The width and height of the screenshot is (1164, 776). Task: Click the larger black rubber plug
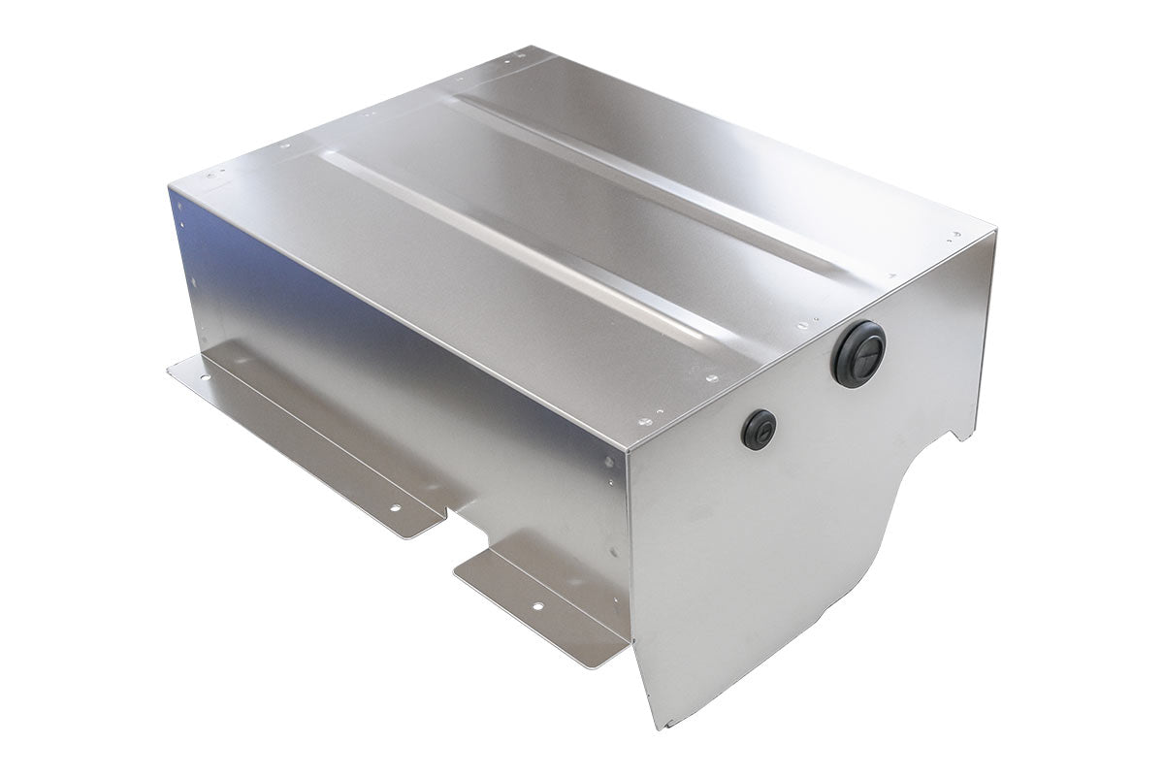858,354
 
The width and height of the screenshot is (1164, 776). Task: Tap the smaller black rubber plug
759,429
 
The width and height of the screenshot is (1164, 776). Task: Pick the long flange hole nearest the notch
395,506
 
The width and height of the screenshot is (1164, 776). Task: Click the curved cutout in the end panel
873,543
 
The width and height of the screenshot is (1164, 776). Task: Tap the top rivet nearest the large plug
801,327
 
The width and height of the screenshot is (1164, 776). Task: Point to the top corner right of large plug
993,231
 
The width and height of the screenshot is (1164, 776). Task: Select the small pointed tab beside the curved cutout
960,435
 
